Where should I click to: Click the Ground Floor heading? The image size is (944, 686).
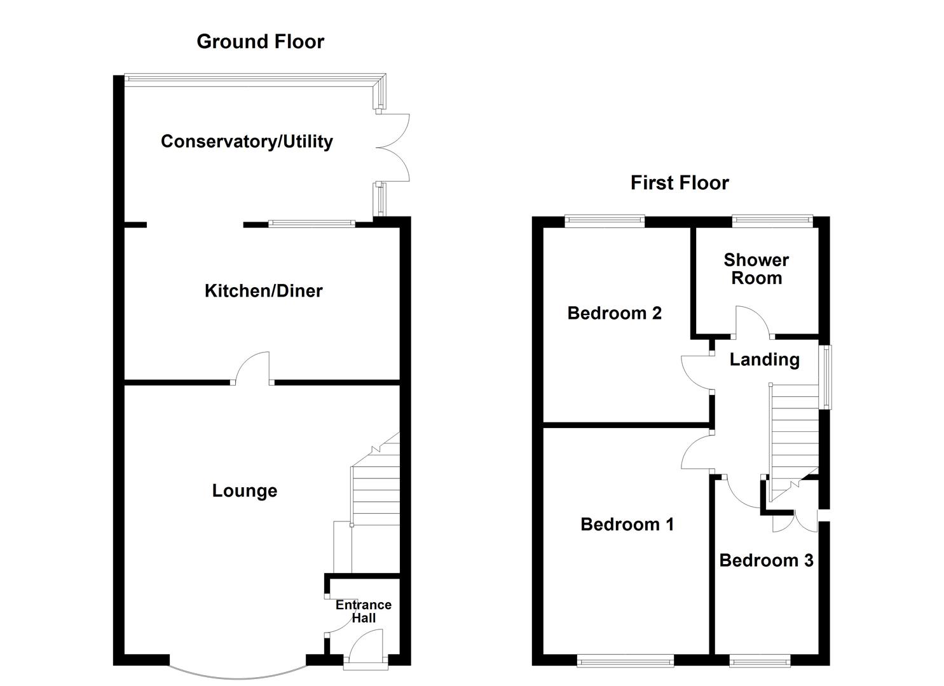coord(260,42)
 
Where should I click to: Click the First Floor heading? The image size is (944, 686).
coord(679,183)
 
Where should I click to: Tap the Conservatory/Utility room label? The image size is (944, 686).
coord(247,141)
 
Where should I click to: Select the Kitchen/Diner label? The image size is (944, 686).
coord(263,291)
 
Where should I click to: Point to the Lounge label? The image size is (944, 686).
coord(244,491)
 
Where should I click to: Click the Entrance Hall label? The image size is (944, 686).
coord(364,612)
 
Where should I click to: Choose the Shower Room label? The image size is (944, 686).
coord(756,269)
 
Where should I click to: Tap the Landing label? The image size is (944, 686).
coord(764,360)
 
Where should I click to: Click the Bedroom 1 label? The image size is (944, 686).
coord(627,524)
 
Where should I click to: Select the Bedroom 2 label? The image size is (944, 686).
coord(614,313)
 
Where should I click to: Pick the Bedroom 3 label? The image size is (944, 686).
coord(766,560)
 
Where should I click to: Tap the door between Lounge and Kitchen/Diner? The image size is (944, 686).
coord(252,369)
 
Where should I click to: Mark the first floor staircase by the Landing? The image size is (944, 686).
coord(793,432)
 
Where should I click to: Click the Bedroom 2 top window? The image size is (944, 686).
coord(605,220)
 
